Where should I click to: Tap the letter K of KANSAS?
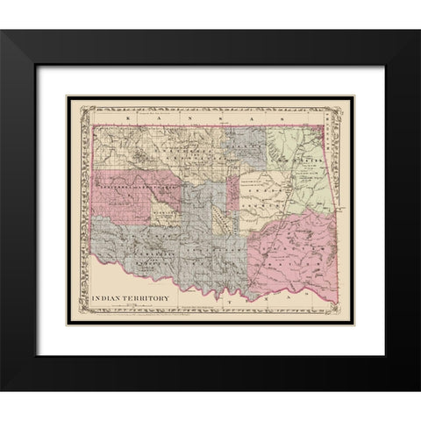[x=129, y=115]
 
